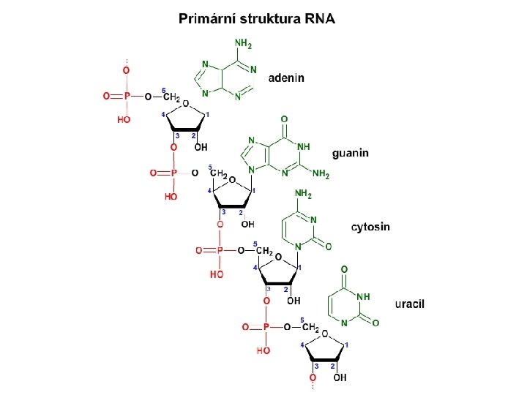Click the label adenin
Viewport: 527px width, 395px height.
pyautogui.click(x=287, y=77)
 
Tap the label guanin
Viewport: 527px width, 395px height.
pyautogui.click(x=351, y=153)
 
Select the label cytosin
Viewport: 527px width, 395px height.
pyautogui.click(x=371, y=227)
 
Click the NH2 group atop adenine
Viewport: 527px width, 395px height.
pyautogui.click(x=242, y=45)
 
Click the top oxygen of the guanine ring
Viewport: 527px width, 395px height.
pyautogui.click(x=283, y=119)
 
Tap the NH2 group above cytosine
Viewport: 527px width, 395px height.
pyautogui.click(x=303, y=195)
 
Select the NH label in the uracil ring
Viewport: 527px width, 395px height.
pyautogui.click(x=362, y=297)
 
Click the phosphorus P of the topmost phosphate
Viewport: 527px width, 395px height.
pyautogui.click(x=127, y=96)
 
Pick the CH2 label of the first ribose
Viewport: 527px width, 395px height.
pyautogui.click(x=171, y=97)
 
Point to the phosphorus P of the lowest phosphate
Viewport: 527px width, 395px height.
pyautogui.click(x=266, y=326)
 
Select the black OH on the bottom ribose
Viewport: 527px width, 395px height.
pyautogui.click(x=340, y=377)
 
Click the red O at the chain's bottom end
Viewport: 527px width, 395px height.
pyautogui.click(x=313, y=377)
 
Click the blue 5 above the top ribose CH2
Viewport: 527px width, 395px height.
pyautogui.click(x=163, y=89)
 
